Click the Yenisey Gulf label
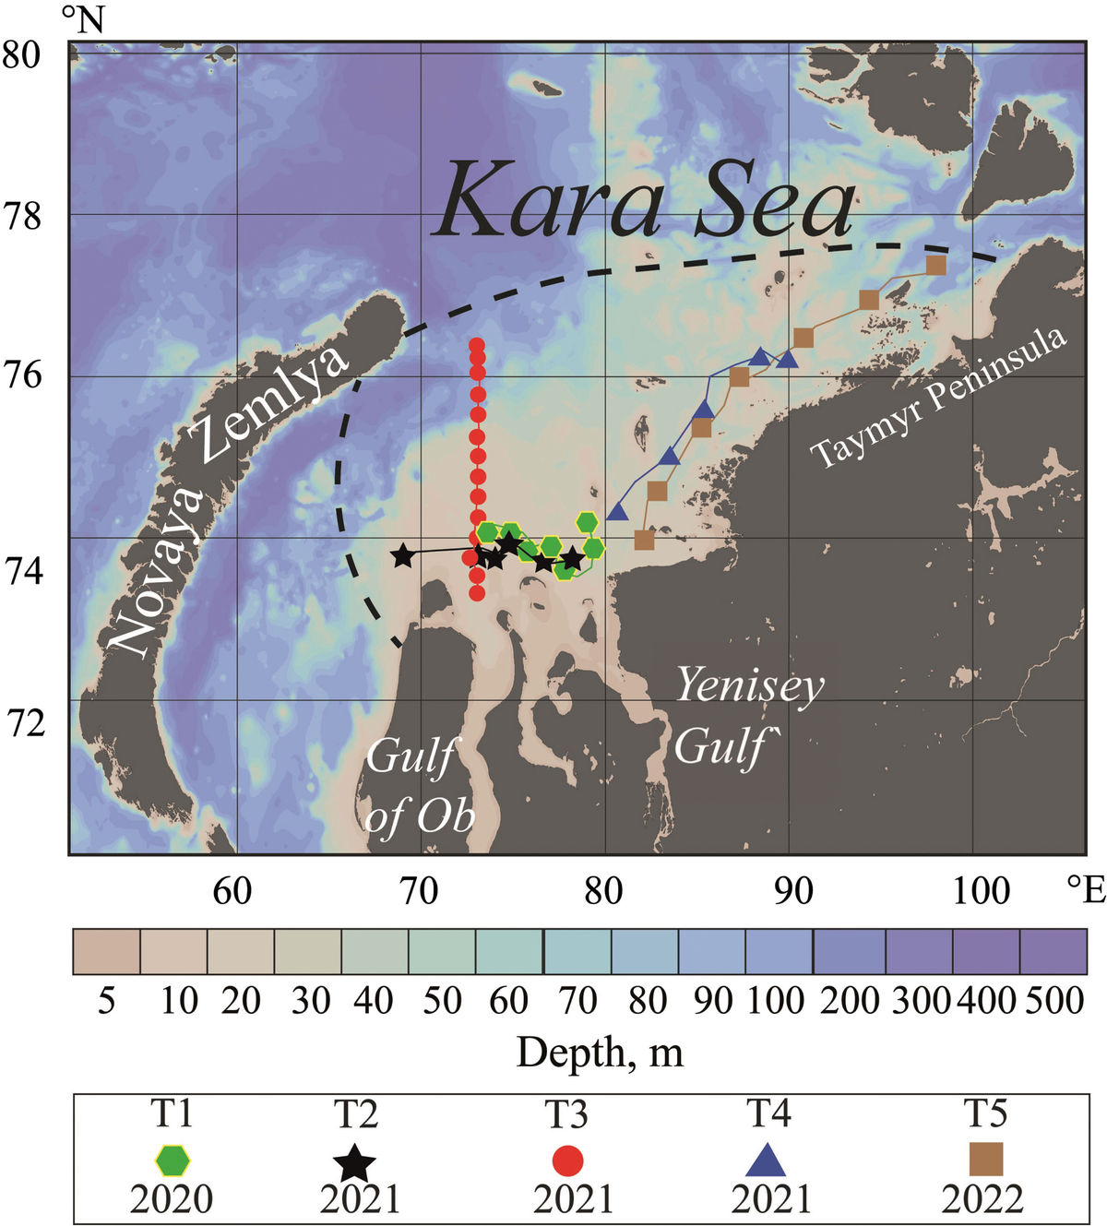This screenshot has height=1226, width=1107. [x=747, y=716]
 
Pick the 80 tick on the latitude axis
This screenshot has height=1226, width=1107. [x=21, y=54]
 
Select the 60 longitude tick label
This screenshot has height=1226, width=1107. [x=232, y=891]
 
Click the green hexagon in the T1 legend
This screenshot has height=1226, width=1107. [x=173, y=1161]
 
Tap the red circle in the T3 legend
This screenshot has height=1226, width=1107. [x=566, y=1161]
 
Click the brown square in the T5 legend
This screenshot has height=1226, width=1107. [x=985, y=1161]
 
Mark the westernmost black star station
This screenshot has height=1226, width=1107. [x=402, y=555]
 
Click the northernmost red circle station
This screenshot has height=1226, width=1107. [x=477, y=346]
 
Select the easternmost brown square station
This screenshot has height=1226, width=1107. [x=935, y=266]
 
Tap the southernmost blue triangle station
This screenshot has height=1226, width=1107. [x=617, y=512]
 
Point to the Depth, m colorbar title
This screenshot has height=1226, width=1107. [x=600, y=1052]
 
